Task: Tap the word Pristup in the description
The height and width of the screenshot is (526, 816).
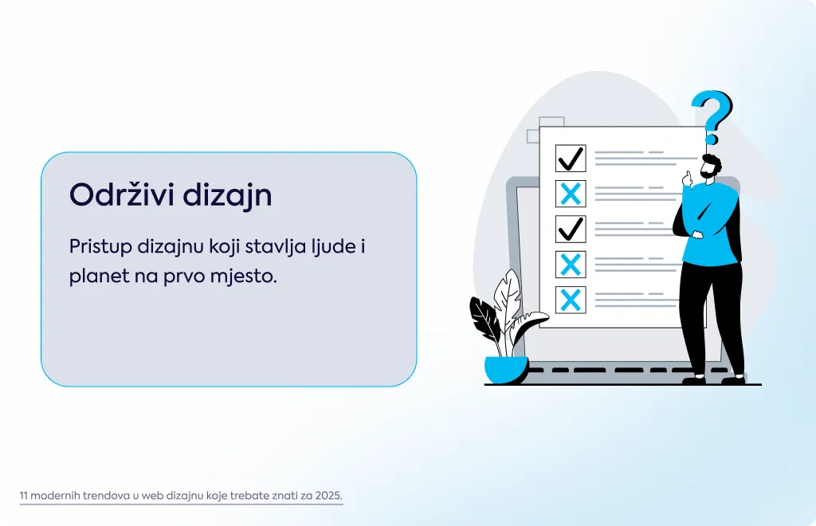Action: (101, 246)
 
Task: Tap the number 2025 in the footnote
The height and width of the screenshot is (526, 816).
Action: (329, 495)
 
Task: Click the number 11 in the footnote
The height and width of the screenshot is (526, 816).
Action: (23, 495)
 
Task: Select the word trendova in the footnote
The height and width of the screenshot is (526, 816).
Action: (106, 495)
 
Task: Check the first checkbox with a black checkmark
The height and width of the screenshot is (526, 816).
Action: (571, 158)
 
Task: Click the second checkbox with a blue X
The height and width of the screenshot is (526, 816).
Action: (571, 194)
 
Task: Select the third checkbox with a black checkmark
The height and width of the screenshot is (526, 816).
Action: (571, 229)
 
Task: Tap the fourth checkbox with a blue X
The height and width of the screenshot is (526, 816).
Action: (571, 265)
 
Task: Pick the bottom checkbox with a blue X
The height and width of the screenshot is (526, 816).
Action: (571, 300)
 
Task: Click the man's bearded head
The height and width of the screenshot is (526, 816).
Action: (711, 167)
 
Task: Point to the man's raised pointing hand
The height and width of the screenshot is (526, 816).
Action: (688, 179)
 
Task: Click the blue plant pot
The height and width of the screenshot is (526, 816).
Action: (506, 370)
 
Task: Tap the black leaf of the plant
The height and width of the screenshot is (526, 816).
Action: (484, 317)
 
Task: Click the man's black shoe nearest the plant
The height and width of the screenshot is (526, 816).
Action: (694, 380)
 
